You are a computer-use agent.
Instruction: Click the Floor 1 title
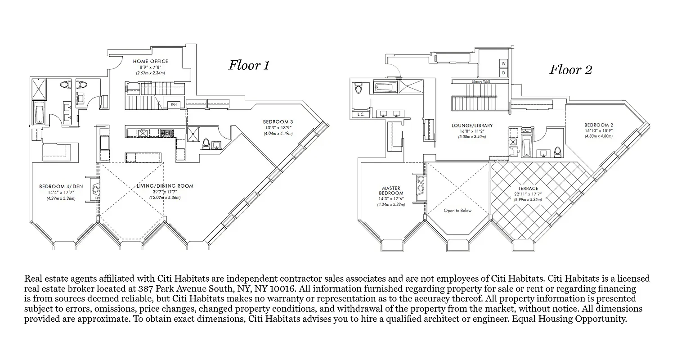[249, 65]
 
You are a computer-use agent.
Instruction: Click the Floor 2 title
[570, 70]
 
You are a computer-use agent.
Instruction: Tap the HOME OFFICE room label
[150, 61]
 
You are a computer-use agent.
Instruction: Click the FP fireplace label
[97, 198]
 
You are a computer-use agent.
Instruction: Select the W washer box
[504, 63]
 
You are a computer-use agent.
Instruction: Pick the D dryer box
[504, 72]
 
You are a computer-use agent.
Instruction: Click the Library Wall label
[481, 81]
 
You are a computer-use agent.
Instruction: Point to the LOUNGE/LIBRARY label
[472, 126]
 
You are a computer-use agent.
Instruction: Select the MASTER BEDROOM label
[391, 191]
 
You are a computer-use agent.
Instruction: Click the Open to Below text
[457, 211]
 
